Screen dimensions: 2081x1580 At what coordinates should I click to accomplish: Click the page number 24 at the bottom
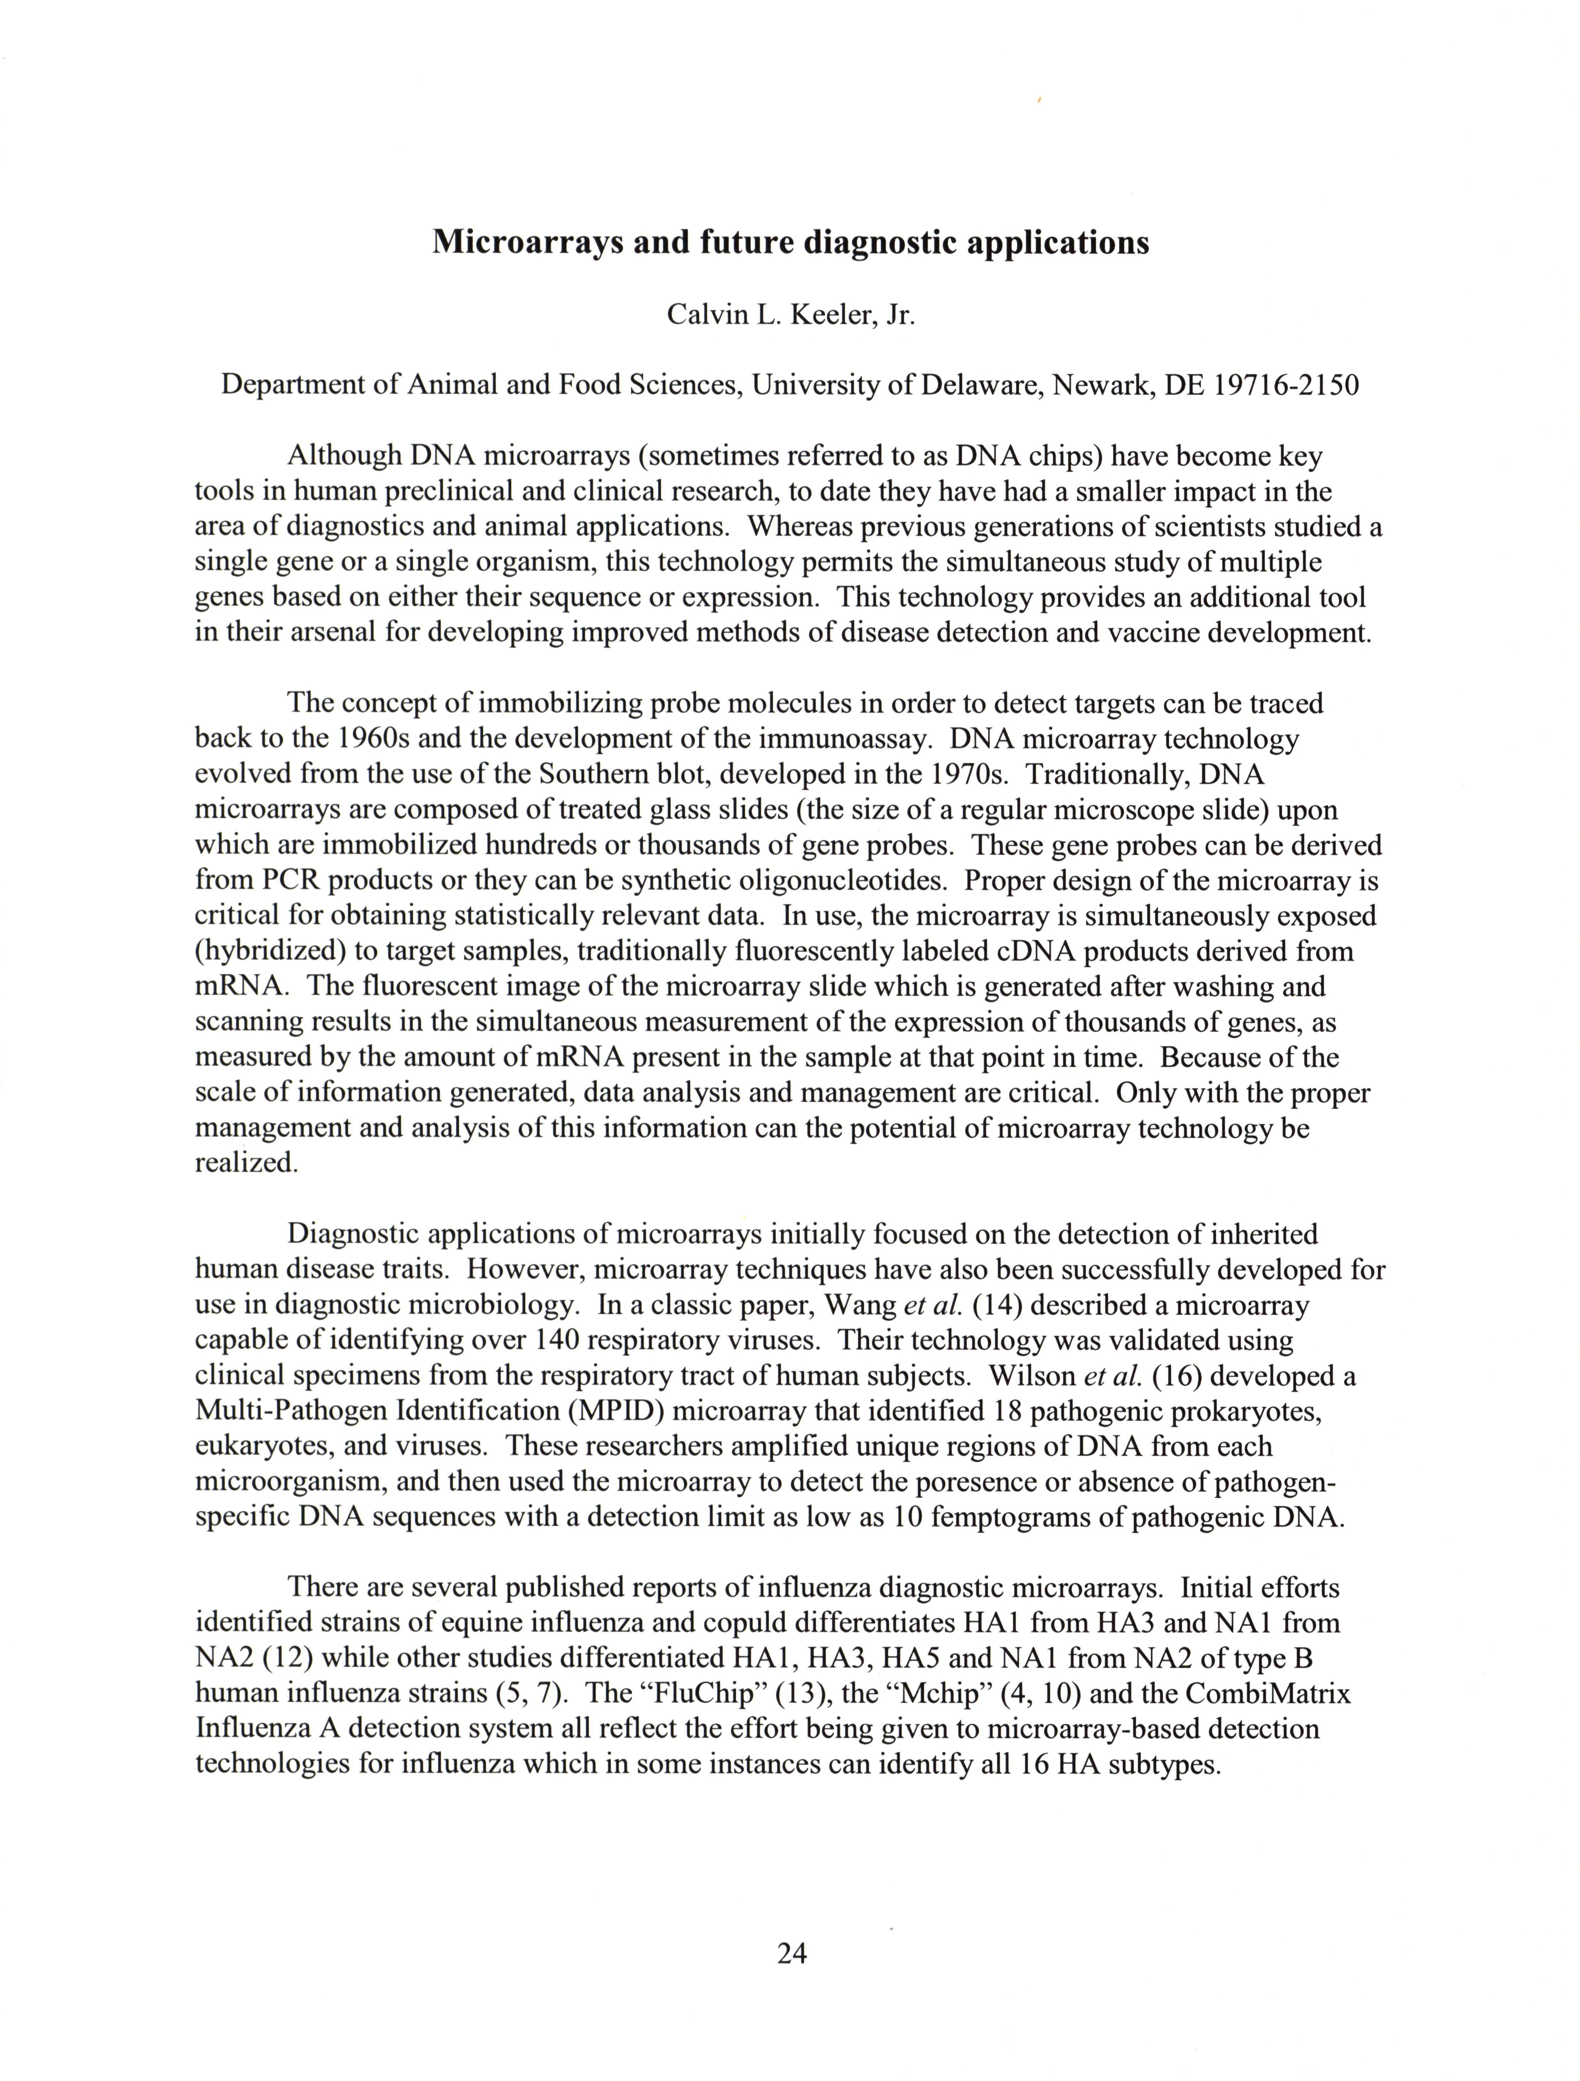(792, 1954)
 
